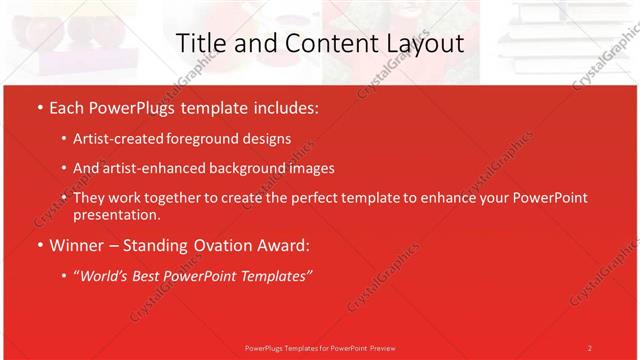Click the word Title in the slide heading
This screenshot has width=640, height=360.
tap(200, 43)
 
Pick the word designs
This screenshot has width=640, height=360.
tap(267, 139)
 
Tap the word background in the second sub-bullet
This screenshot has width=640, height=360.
tap(243, 168)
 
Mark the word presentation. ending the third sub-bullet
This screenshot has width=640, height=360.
tap(116, 214)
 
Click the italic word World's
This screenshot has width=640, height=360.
tap(105, 275)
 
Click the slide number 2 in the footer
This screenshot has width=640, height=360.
tap(589, 347)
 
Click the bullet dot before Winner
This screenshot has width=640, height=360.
tap(38, 245)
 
